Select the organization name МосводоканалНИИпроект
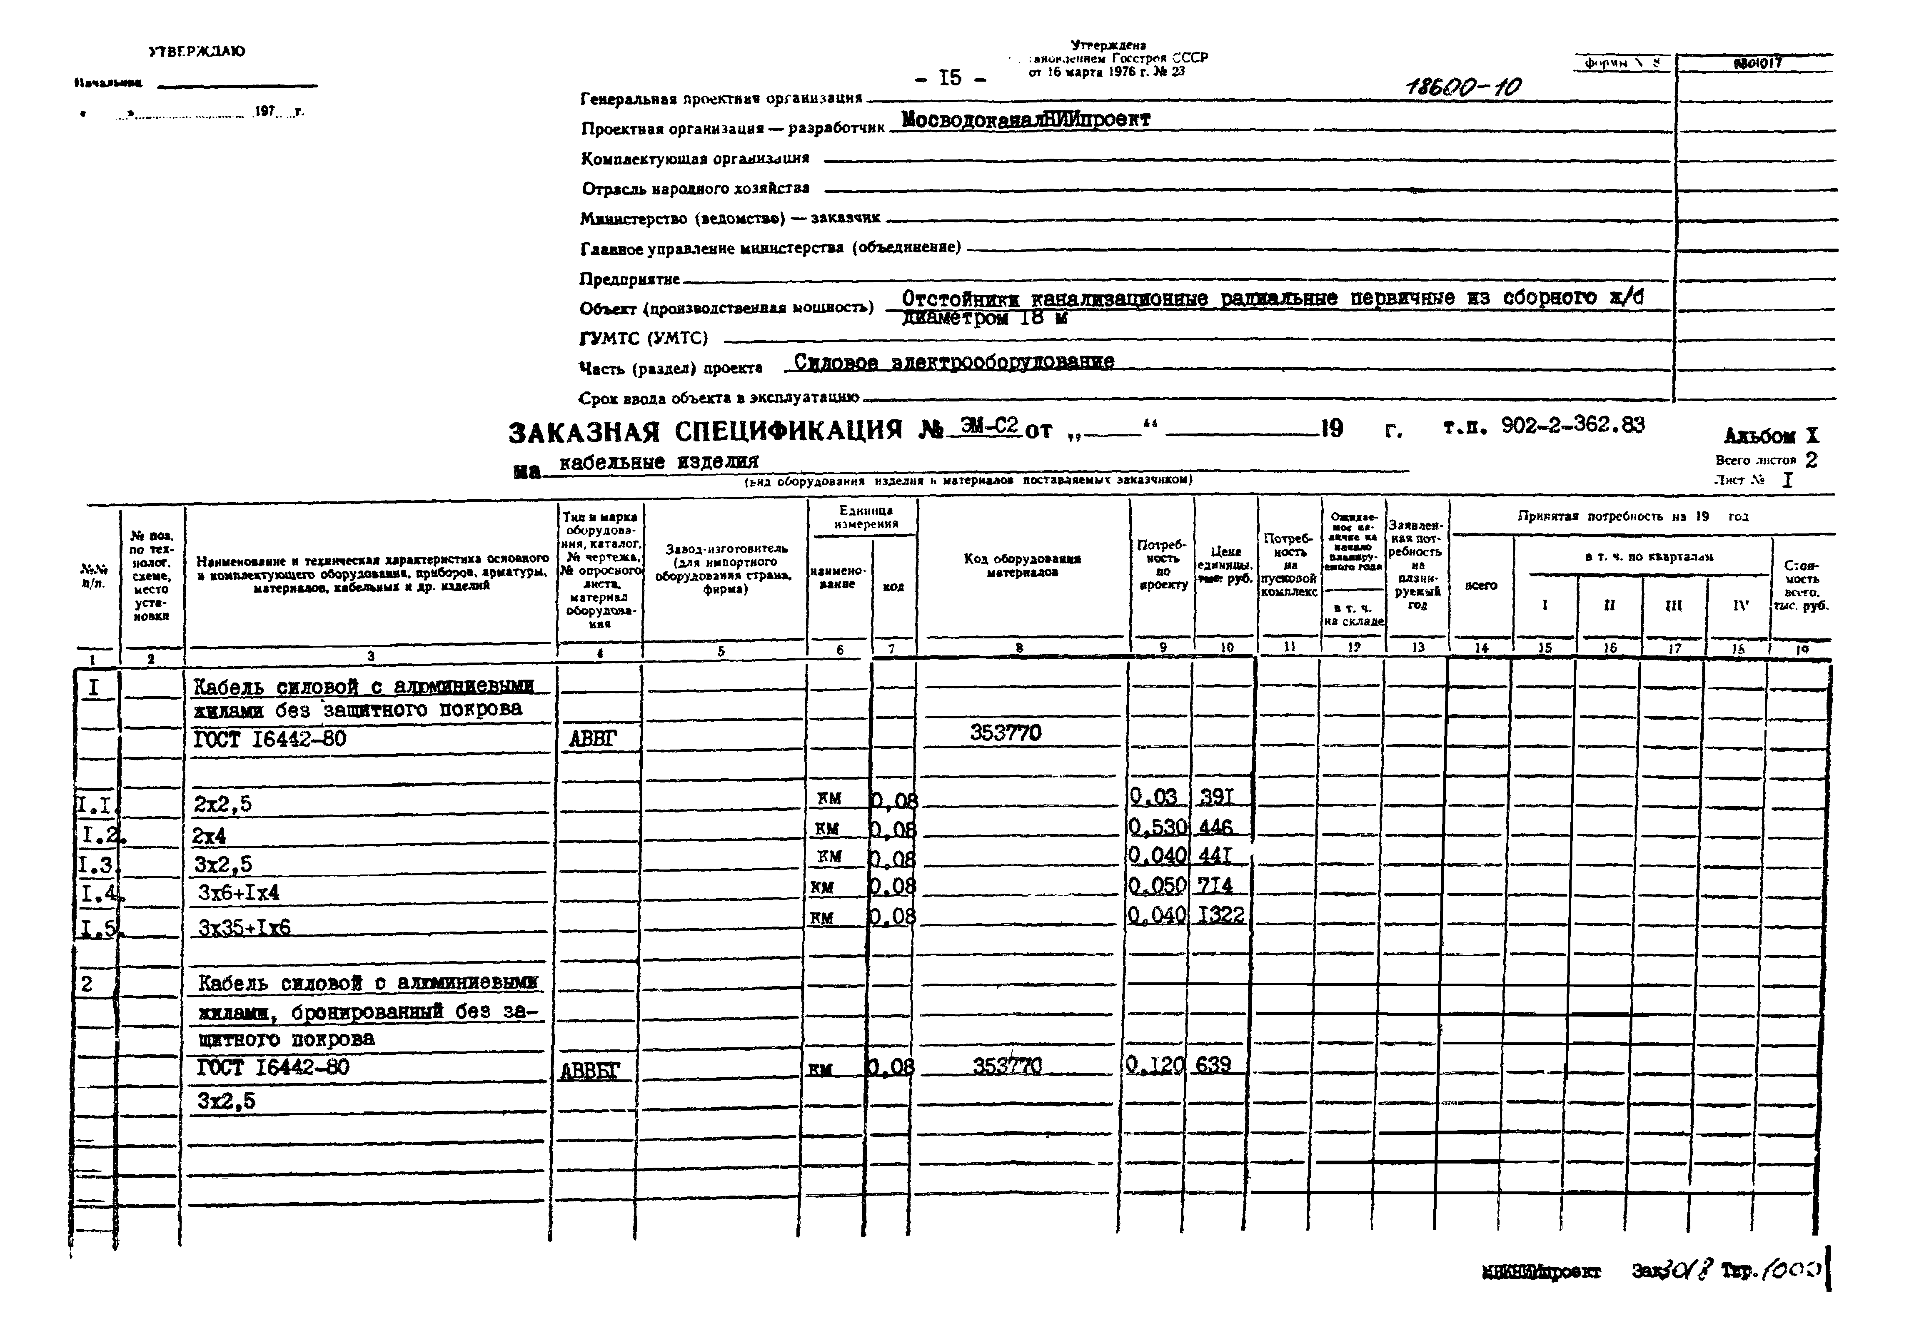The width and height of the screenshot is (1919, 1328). coord(1025,120)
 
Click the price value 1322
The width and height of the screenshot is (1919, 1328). coord(1221,915)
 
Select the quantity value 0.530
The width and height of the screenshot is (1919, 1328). coord(1158,827)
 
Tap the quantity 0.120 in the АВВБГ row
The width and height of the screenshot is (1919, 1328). coord(1155,1065)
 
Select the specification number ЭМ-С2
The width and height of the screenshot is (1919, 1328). coord(988,426)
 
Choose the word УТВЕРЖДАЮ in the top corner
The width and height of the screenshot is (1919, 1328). coord(197,52)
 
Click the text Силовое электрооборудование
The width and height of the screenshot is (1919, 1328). coord(954,362)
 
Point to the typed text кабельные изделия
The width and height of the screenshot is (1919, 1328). coord(658,462)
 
